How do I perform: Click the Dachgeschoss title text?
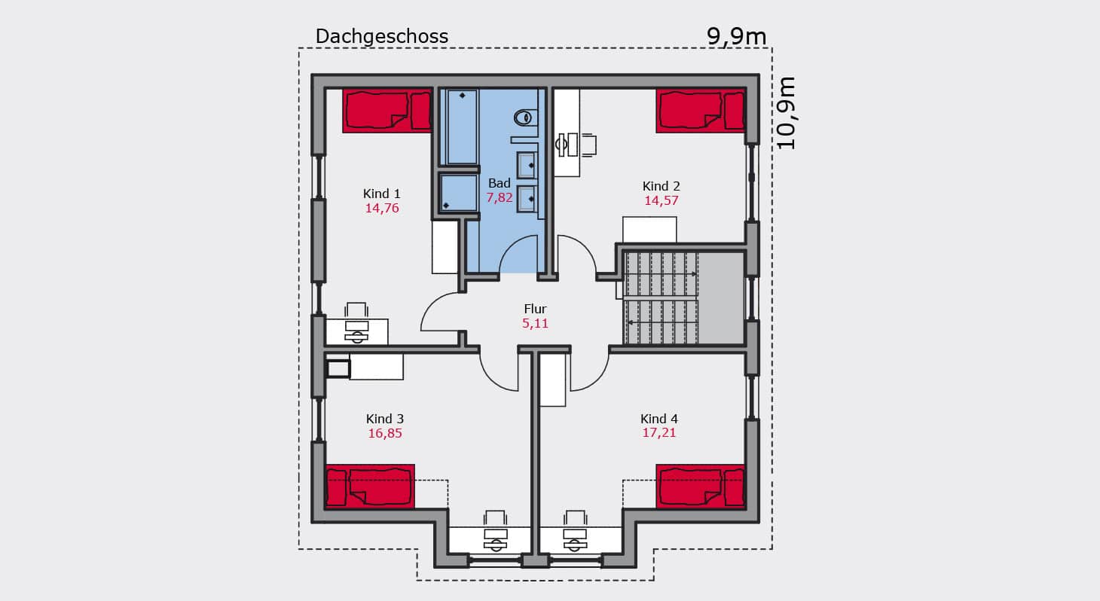pos(381,36)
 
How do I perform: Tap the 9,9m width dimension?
pos(736,36)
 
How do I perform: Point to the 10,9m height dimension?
pos(785,114)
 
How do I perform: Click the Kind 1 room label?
pos(381,194)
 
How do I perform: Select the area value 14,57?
pos(661,200)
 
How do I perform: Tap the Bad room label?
pos(499,183)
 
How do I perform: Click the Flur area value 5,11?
pos(535,323)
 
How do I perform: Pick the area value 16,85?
pos(384,433)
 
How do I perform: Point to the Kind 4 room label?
pos(658,419)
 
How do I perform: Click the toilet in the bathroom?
pos(525,117)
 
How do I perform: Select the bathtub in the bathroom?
pos(462,127)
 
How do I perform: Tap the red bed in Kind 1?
pos(387,111)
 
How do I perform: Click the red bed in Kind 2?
pos(701,111)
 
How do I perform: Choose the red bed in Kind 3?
pos(370,487)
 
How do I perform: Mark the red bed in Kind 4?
pos(701,487)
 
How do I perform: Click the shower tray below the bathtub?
pos(459,194)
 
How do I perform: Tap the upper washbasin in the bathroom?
pos(527,165)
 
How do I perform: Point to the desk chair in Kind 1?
pos(356,310)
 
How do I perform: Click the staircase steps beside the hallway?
pos(661,298)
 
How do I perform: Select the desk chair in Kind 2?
pos(588,145)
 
